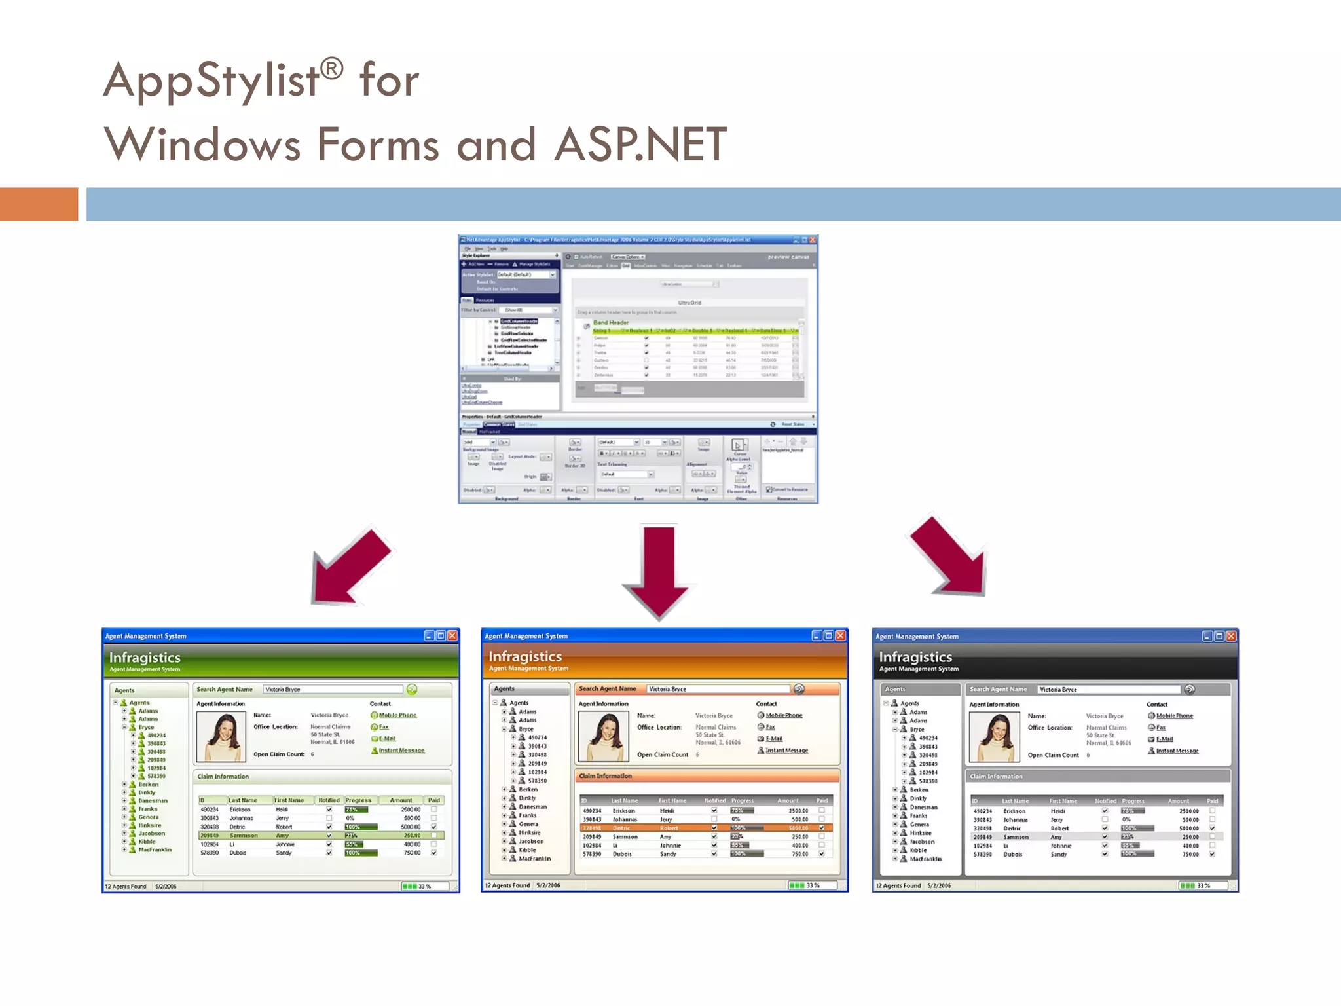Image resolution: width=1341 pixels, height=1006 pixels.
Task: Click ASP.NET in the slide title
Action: coord(640,145)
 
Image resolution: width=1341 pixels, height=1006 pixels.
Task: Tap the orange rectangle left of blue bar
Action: coord(39,204)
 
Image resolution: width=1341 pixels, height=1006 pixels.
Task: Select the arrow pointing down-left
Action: coord(350,567)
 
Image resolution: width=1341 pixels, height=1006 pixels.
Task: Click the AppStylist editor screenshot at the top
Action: coord(638,369)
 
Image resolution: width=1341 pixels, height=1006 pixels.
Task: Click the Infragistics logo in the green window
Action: coord(145,658)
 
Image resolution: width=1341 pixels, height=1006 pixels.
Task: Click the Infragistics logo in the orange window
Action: coord(525,656)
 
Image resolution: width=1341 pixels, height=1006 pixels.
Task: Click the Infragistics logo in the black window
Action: coord(915,657)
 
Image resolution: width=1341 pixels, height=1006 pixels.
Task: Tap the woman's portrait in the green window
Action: coord(221,736)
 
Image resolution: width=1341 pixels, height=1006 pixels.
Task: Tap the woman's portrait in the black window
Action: coord(994,737)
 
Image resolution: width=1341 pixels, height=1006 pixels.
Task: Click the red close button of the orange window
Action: coord(840,635)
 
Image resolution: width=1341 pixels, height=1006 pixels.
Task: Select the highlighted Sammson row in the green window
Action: coord(321,835)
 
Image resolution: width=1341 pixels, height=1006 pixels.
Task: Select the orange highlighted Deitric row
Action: coord(706,828)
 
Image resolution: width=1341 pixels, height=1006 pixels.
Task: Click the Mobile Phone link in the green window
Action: coord(397,715)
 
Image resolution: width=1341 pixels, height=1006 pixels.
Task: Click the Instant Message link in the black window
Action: coord(1177,751)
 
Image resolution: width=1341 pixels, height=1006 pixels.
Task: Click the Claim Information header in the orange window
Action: coord(606,776)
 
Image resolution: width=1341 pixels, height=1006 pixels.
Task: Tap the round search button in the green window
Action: coord(412,689)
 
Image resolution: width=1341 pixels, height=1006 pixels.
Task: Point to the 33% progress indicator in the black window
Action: coord(1196,885)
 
